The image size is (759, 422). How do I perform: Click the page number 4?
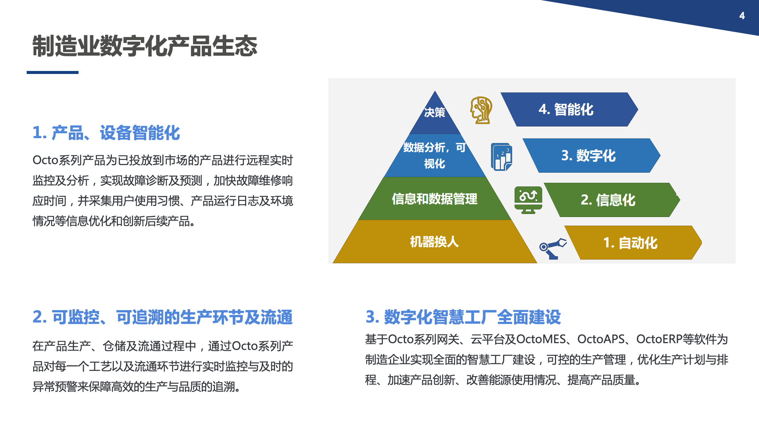click(x=742, y=16)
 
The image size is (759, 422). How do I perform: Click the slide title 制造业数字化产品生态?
click(x=145, y=46)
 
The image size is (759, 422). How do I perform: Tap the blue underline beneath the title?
click(x=53, y=72)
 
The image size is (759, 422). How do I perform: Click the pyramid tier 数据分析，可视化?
click(x=435, y=155)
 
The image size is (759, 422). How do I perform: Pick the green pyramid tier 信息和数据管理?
click(x=435, y=199)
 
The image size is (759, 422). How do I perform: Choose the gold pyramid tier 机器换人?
click(x=435, y=241)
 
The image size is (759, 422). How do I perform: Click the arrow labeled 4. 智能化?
click(x=569, y=109)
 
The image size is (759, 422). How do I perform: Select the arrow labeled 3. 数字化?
click(x=591, y=155)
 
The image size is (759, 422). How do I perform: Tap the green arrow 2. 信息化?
click(x=612, y=200)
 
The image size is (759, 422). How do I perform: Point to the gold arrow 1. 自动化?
click(x=633, y=243)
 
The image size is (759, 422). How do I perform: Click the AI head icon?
click(x=481, y=110)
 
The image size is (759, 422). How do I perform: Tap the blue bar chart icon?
click(x=502, y=157)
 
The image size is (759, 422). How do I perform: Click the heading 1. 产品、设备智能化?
click(x=106, y=133)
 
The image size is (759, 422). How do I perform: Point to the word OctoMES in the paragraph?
click(x=541, y=339)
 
